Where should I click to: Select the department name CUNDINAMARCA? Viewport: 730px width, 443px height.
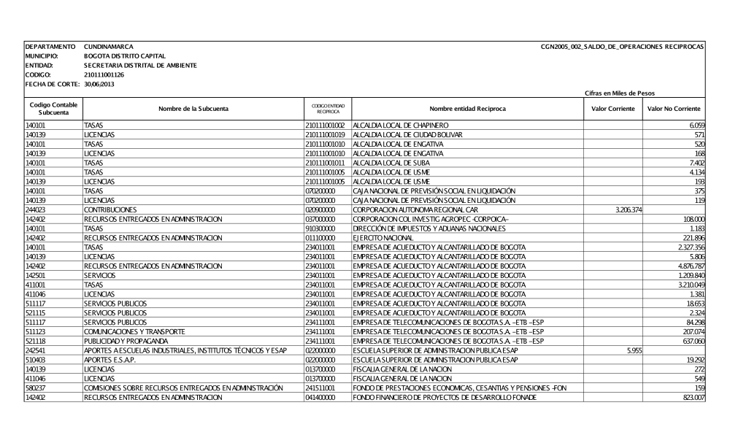109,47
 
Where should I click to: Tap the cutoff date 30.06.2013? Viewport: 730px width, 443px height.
100,84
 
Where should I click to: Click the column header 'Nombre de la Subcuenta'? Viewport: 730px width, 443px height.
191,109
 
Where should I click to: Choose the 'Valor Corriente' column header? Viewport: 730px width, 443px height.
612,109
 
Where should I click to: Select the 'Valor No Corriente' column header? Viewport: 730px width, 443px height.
675,109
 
